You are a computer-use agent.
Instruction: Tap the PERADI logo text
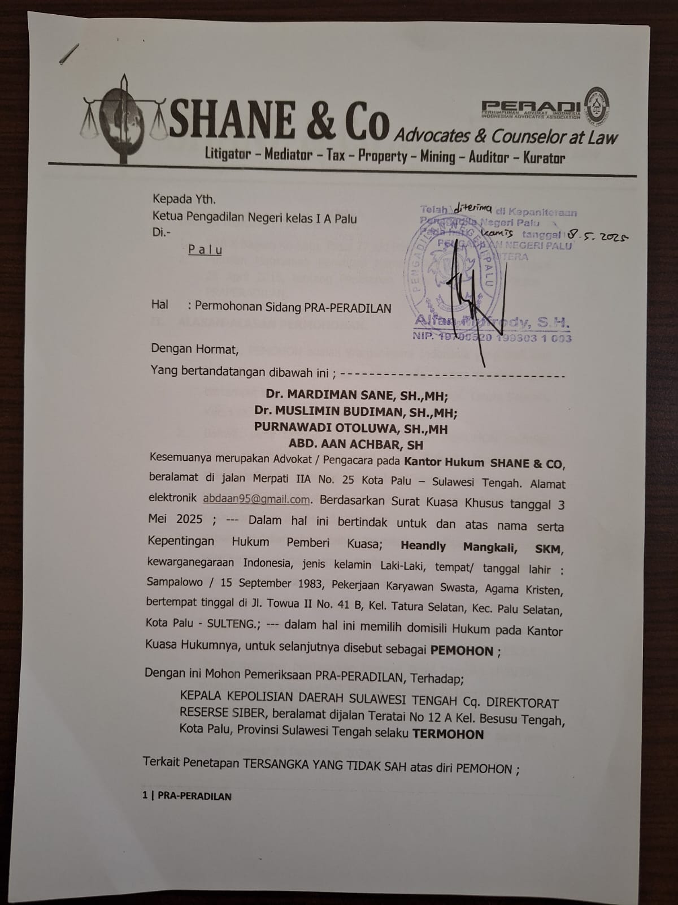532,106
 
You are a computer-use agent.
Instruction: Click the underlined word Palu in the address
205,249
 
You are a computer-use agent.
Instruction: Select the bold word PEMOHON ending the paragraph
462,650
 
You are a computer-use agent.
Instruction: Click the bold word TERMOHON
447,734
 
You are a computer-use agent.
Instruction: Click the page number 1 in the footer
145,796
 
